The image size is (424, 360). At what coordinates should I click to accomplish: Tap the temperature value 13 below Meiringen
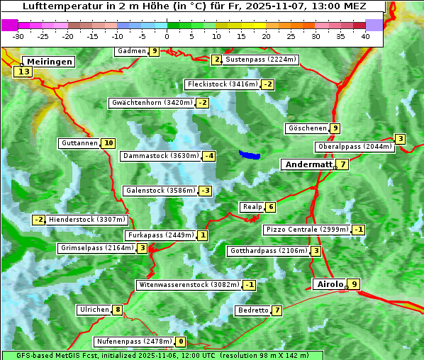(24, 72)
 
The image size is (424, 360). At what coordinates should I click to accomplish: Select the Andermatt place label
(308, 164)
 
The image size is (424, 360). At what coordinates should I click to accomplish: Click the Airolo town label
(330, 284)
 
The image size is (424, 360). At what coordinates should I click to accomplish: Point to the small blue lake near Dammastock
(250, 154)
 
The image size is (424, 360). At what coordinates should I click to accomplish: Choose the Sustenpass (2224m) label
(255, 60)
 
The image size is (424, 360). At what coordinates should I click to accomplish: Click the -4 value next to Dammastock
(208, 156)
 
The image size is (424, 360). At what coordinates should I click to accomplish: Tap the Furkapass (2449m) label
(160, 235)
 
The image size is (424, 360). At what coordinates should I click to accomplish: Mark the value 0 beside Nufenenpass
(181, 342)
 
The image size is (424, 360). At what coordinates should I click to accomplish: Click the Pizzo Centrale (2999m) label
(307, 230)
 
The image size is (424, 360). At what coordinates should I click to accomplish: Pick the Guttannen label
(79, 143)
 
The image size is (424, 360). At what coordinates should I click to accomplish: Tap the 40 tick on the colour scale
(365, 35)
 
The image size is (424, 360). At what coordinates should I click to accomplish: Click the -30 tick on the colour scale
(18, 35)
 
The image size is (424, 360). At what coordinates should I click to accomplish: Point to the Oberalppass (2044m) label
(355, 147)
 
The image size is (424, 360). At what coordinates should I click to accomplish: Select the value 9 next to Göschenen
(335, 128)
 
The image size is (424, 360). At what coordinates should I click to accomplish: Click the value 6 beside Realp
(271, 207)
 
